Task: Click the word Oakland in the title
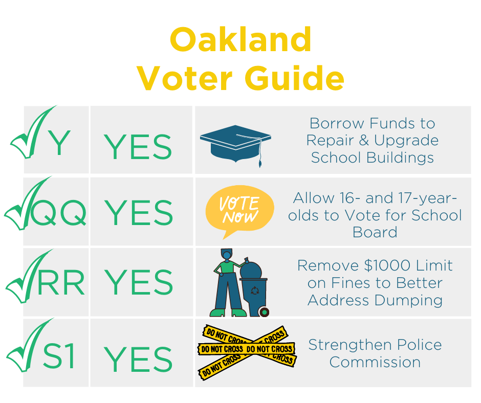241,39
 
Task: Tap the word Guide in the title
295,78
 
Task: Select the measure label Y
60,143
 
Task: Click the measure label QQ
58,213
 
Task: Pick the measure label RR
61,282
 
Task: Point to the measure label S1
59,356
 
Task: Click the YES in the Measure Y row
138,147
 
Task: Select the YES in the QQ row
139,213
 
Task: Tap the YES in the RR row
139,282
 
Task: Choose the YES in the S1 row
138,359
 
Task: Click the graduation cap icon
235,144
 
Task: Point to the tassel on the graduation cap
259,153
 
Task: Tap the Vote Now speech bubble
239,210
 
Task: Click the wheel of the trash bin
264,312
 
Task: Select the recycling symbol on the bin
255,290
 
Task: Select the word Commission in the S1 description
375,362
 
